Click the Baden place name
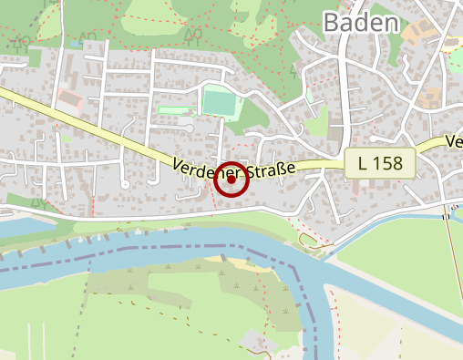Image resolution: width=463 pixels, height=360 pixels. [361, 22]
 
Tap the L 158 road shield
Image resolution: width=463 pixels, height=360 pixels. [380, 164]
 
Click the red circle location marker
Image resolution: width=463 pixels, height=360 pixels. [231, 180]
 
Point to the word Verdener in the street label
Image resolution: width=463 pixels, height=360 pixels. [206, 169]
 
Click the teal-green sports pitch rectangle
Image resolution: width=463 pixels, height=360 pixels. [219, 102]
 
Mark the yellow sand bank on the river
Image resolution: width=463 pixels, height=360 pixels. [235, 262]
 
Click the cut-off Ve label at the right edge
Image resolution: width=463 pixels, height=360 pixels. [454, 142]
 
